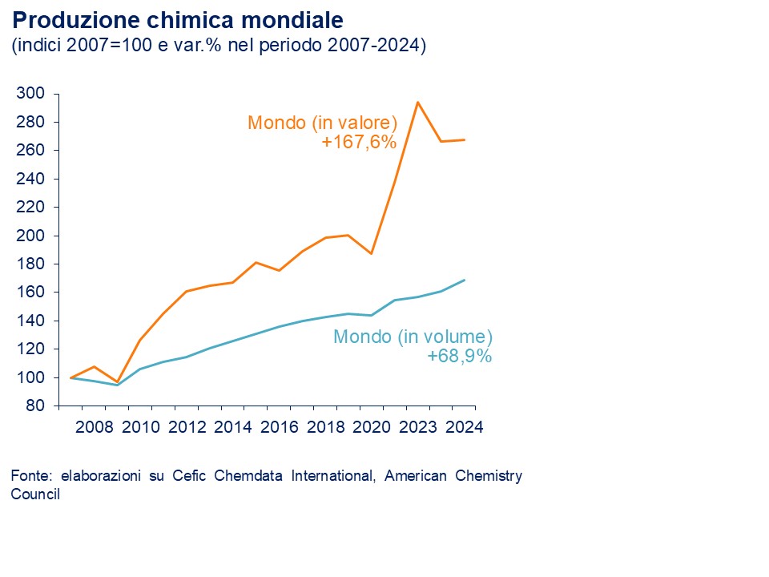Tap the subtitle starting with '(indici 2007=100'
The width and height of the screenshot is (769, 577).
point(218,46)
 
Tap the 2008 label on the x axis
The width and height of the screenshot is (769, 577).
point(94,426)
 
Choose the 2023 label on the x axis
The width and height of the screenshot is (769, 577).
point(418,426)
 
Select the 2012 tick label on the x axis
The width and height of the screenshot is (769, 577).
point(186,426)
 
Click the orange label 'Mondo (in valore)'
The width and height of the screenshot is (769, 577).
point(323,123)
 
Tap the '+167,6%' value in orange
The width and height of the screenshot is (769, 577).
point(360,142)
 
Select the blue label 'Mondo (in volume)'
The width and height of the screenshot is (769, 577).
point(413,337)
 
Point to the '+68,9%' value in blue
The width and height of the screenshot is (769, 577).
point(460,356)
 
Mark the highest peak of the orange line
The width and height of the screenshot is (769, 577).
point(417,102)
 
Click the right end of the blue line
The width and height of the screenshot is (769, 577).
point(465,280)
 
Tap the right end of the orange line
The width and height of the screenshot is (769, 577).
point(465,140)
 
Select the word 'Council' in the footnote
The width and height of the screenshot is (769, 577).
point(35,494)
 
